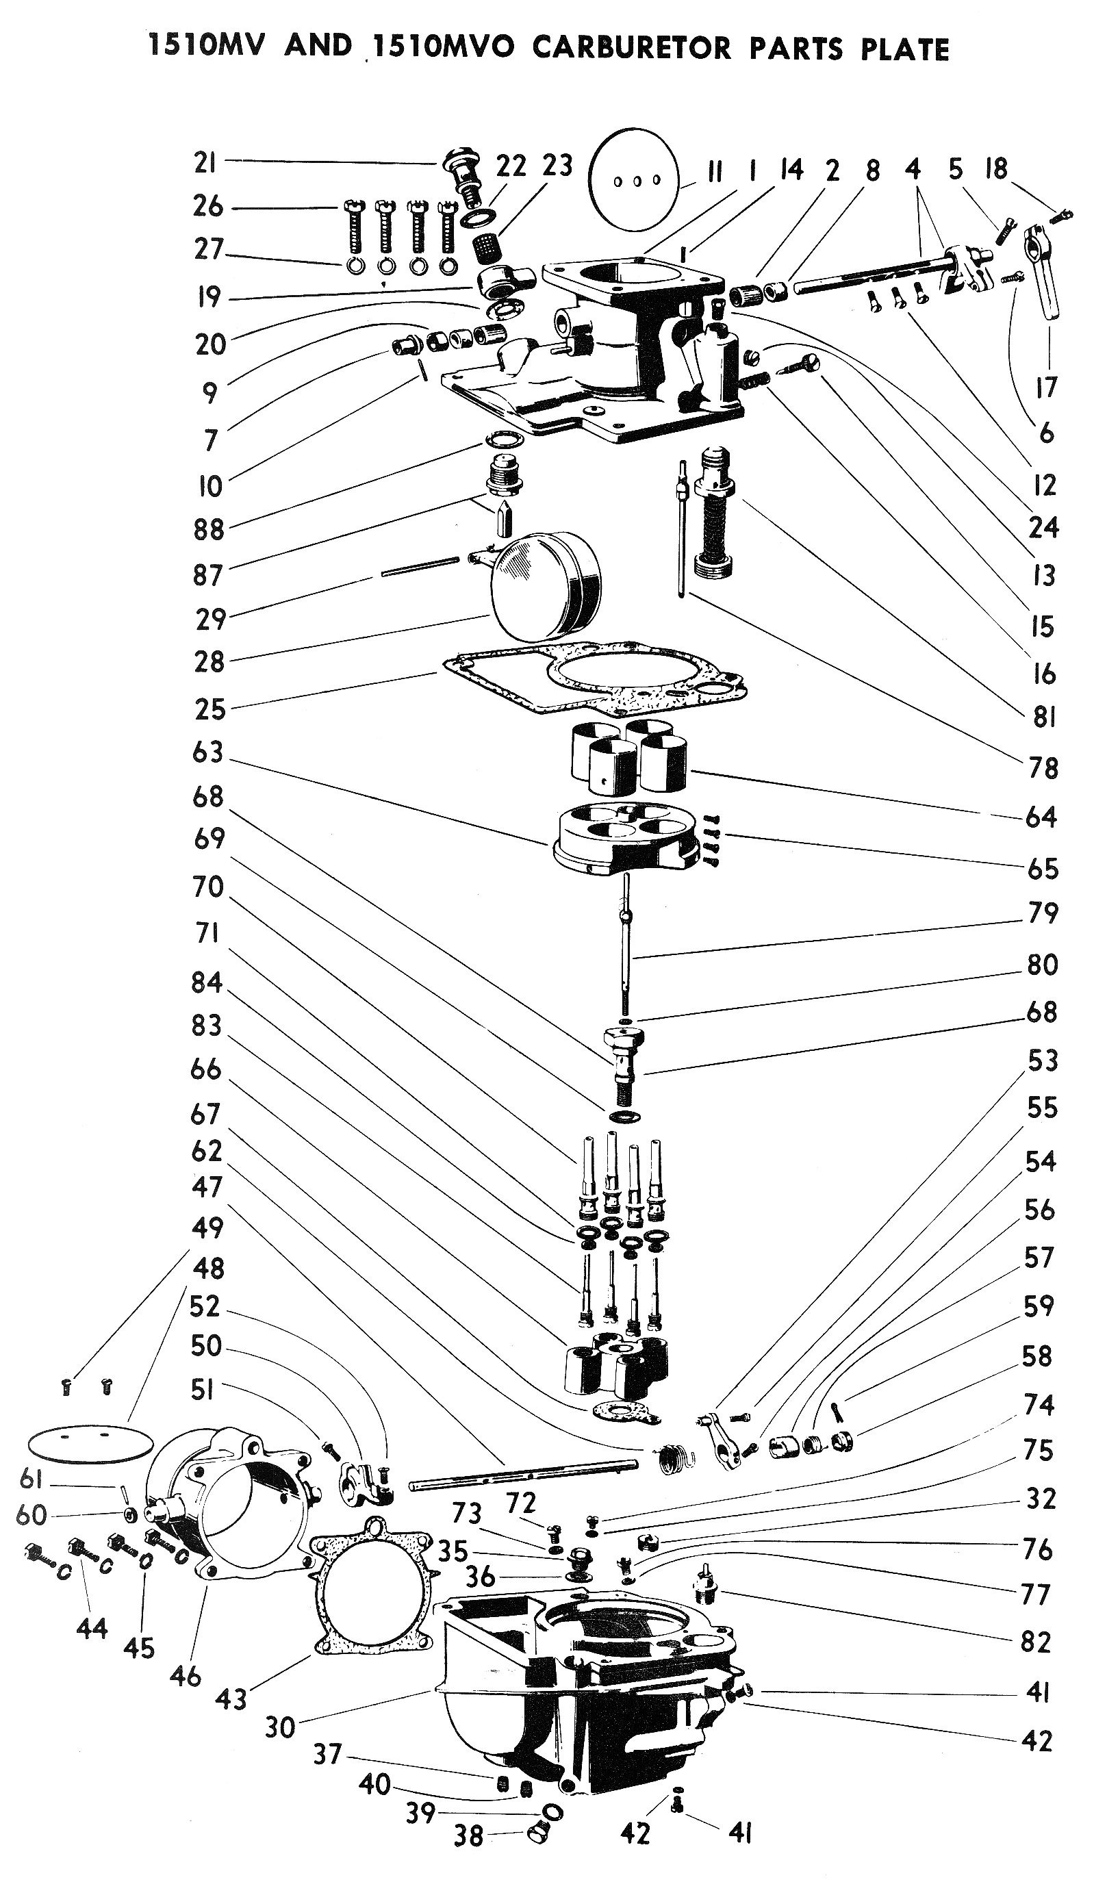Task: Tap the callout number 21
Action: tap(205, 162)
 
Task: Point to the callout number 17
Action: tap(1047, 387)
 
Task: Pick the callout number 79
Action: tap(1043, 913)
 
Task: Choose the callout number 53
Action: tap(1043, 1060)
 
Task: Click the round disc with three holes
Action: tap(633, 180)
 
